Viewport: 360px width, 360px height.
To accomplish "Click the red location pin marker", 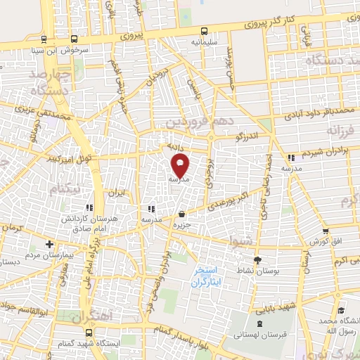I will coord(181,166).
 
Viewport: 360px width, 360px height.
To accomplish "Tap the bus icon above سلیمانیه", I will coord(204,32).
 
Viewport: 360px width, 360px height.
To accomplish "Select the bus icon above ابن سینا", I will coord(44,39).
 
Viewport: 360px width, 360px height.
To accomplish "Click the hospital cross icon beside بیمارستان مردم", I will coord(49,244).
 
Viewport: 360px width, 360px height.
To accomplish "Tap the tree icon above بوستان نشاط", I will coord(257,260).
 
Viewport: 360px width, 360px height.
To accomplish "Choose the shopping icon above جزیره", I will coord(182,214).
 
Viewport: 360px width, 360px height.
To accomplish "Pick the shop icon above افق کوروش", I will coord(325,231).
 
